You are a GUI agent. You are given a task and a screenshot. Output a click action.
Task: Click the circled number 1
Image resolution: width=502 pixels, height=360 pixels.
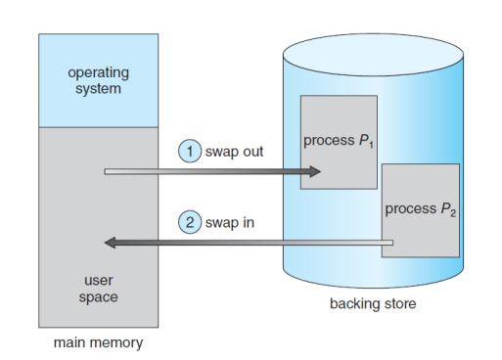tap(190, 151)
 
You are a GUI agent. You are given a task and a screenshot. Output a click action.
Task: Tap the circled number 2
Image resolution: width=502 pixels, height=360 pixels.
tap(190, 222)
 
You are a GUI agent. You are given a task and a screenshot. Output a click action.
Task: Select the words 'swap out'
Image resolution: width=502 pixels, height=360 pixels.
tap(234, 152)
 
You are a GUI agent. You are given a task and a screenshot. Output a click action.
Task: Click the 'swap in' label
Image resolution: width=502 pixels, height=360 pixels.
tap(230, 223)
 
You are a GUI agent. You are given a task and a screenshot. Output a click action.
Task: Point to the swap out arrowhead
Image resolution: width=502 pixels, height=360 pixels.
tap(314, 171)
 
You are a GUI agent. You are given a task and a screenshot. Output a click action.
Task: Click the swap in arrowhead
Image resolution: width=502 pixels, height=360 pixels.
tap(110, 243)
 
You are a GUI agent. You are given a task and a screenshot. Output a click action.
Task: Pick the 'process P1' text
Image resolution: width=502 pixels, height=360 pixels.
tap(339, 141)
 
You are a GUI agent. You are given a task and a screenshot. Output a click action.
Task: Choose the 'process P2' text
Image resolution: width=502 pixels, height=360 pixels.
tap(421, 209)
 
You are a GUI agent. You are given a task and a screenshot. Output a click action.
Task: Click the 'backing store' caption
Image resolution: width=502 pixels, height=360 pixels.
tap(373, 303)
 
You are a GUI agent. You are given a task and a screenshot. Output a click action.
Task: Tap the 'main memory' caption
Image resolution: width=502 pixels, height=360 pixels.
tap(98, 343)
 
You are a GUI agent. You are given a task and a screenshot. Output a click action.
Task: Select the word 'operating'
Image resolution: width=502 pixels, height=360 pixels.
tap(99, 73)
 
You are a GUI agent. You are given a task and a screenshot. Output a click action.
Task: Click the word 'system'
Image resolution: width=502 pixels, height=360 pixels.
tap(98, 89)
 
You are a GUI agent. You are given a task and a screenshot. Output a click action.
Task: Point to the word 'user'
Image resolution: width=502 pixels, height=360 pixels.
tap(99, 281)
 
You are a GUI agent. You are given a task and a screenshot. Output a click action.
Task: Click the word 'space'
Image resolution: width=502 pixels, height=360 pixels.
tap(98, 297)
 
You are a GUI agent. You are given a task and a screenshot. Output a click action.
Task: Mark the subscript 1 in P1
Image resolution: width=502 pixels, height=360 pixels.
tap(371, 145)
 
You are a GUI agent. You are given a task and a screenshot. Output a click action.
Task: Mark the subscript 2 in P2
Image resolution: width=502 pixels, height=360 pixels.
tap(453, 213)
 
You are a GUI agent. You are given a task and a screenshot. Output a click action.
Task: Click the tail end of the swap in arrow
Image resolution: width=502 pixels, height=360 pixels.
tap(392, 243)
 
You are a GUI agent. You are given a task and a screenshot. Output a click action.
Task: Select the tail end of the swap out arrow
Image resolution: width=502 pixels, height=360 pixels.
tap(105, 171)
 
